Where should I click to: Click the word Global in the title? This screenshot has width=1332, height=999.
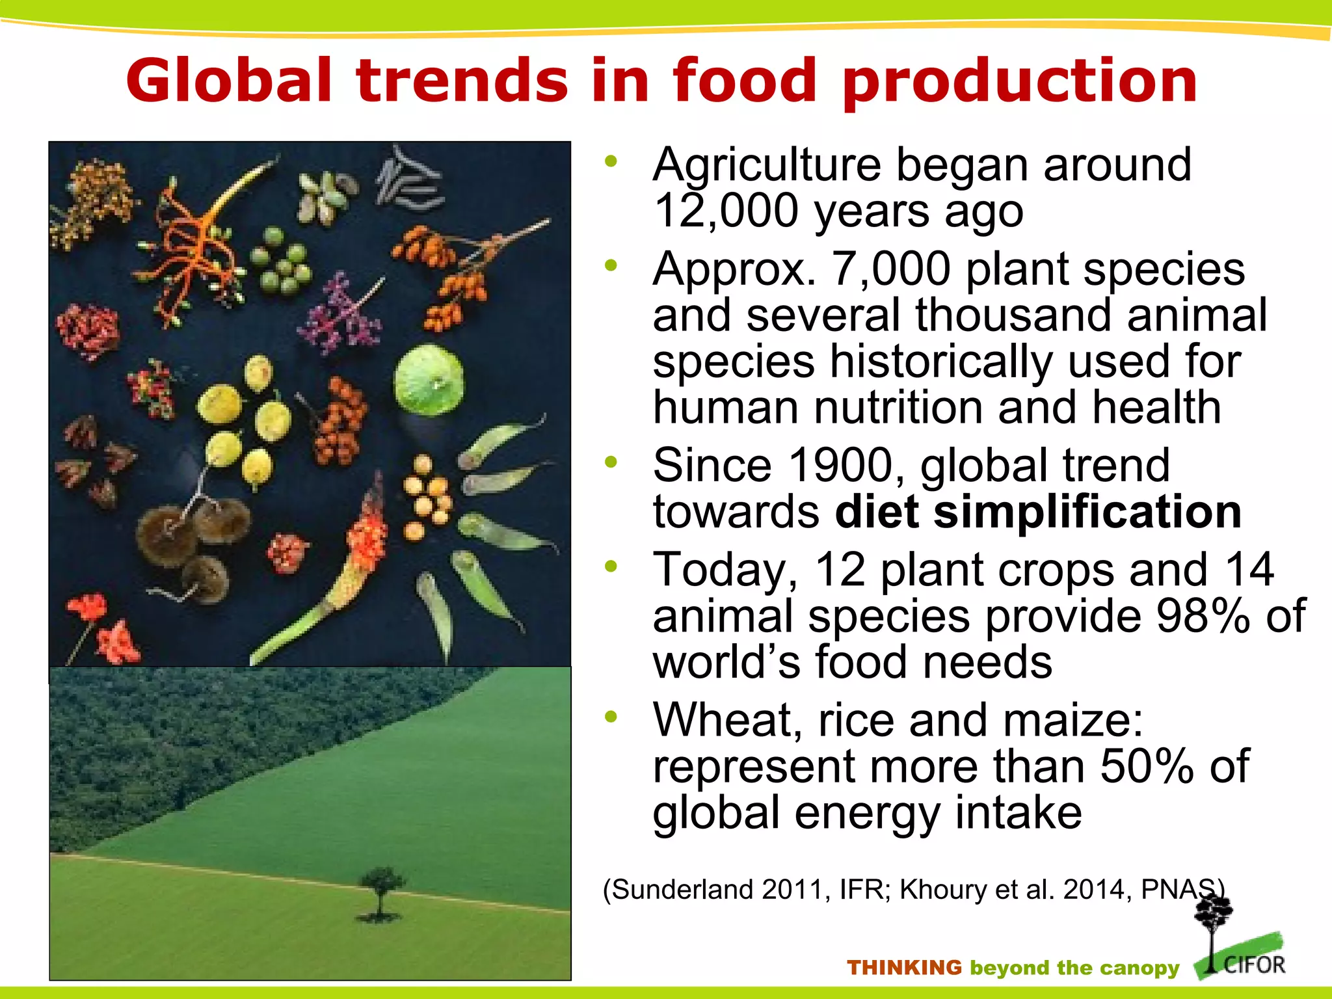(229, 81)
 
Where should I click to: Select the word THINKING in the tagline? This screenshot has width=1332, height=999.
(904, 968)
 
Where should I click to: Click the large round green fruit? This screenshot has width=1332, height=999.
(429, 381)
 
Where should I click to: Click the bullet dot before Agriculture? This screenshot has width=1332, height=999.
(610, 162)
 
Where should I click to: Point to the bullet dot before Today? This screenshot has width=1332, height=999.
(610, 566)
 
